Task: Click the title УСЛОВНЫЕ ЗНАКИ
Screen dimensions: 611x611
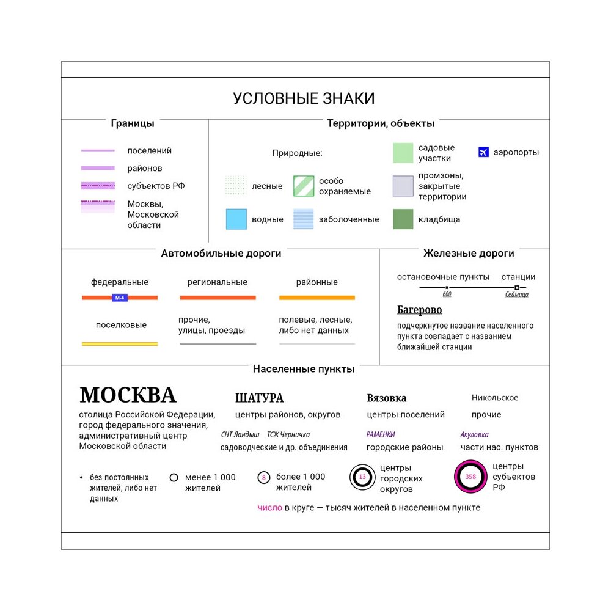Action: [x=304, y=99]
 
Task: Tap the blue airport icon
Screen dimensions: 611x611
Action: [x=484, y=152]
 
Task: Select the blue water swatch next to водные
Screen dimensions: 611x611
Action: [x=236, y=219]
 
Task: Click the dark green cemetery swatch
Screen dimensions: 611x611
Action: [x=403, y=219]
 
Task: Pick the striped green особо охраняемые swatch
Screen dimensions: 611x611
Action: [x=304, y=186]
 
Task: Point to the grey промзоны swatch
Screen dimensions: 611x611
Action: [x=403, y=186]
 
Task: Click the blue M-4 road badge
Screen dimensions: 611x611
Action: [x=120, y=298]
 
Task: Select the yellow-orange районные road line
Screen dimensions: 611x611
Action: [x=316, y=298]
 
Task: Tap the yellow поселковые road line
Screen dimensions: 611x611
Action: [x=120, y=344]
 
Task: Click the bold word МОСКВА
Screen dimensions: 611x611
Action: [x=128, y=395]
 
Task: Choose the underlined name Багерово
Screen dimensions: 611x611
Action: [x=419, y=310]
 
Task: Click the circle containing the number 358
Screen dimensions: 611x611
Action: [x=470, y=477]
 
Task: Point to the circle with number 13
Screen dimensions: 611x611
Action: [x=362, y=477]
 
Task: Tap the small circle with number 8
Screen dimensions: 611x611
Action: [x=263, y=477]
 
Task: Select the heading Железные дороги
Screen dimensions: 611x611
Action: [x=469, y=253]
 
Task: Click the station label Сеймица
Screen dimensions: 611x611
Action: [x=517, y=295]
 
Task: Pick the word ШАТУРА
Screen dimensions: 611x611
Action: [x=260, y=398]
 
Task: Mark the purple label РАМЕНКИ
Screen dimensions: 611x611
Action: [x=381, y=434]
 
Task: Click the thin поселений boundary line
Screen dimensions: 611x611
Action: [x=98, y=150]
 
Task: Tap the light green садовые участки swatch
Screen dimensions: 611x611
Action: [x=403, y=153]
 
